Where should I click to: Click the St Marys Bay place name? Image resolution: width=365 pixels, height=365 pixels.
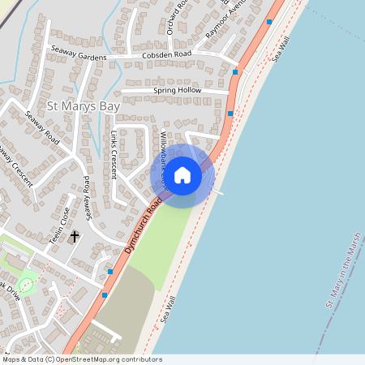click(84, 105)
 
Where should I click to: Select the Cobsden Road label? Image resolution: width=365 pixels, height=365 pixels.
click(165, 54)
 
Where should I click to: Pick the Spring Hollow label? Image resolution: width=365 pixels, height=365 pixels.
click(177, 90)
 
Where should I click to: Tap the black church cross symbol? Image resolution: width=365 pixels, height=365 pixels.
click(75, 237)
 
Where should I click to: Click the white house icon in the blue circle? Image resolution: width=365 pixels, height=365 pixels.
click(182, 175)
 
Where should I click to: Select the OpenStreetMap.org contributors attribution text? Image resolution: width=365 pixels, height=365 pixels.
click(105, 359)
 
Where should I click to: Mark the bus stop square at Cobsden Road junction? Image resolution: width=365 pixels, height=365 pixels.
click(236, 72)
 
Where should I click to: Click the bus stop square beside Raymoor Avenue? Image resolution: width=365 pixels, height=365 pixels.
click(268, 21)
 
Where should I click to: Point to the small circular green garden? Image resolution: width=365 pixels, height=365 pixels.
click(26, 285)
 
